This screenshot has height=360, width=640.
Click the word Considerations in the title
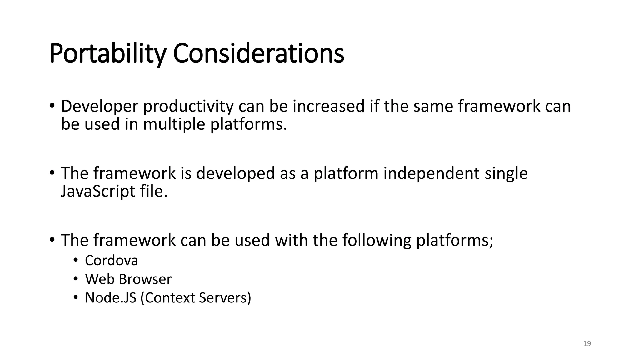click(258, 53)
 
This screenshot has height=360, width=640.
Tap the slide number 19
click(587, 344)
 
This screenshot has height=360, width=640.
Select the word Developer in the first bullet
click(99, 106)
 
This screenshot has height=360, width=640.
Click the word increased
click(328, 106)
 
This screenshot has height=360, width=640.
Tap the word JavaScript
click(98, 191)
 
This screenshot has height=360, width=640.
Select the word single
click(506, 173)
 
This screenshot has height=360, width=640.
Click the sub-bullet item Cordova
click(111, 260)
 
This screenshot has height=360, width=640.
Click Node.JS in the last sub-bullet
click(111, 298)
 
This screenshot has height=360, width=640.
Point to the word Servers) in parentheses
click(225, 298)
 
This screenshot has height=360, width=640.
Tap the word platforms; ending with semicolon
click(455, 240)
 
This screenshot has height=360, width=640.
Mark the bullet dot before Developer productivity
click(52, 106)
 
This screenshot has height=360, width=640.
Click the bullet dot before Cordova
click(75, 260)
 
